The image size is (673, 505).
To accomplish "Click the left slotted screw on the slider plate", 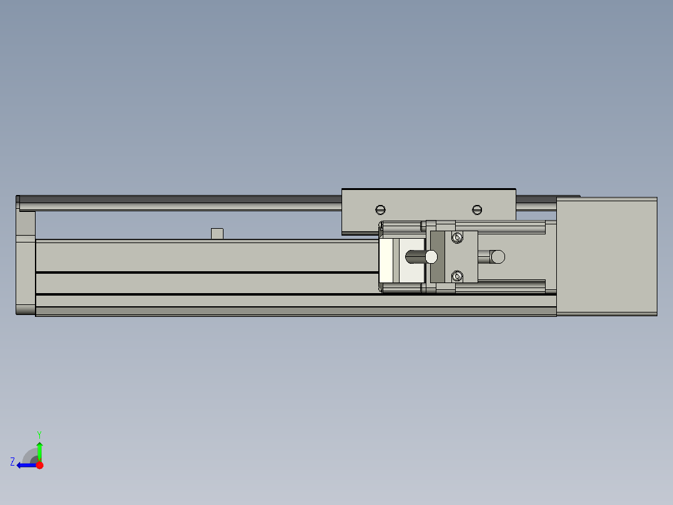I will click(x=381, y=209).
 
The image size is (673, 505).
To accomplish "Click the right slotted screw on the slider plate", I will click(x=478, y=209).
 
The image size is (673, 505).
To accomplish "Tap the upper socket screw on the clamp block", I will click(x=458, y=237).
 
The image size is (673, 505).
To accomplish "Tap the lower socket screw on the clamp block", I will click(x=458, y=276).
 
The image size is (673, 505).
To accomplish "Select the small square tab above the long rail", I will click(x=217, y=234).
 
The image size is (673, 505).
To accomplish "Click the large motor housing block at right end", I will click(x=606, y=256).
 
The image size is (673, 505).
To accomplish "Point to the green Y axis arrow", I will click(x=39, y=450).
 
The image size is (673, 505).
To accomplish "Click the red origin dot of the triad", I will click(x=39, y=465).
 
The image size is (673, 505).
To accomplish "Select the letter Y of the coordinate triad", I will click(x=39, y=434).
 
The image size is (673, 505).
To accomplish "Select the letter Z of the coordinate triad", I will click(x=12, y=462).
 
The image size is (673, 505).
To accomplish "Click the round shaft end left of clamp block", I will click(x=431, y=256).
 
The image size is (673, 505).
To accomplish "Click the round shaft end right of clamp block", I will click(x=498, y=256).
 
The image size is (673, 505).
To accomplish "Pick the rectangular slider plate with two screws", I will click(x=429, y=211).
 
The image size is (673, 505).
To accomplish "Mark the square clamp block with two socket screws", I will click(x=462, y=256).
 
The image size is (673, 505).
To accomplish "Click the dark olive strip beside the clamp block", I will click(x=437, y=256).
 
